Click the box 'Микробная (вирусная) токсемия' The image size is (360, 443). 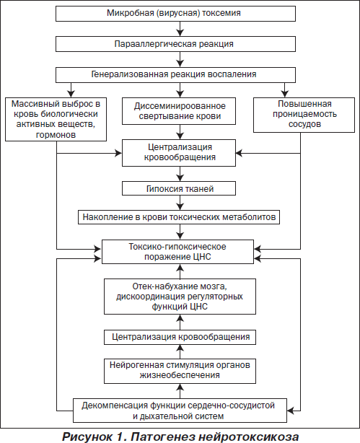pos(175,14)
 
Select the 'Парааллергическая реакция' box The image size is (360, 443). pos(175,44)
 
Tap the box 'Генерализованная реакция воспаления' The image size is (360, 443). pos(175,75)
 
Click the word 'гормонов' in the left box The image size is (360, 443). pos(56,135)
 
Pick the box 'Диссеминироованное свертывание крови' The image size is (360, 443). pos(179,111)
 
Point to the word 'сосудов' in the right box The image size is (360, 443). pos(304,124)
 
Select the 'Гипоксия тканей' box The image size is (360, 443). pos(179,188)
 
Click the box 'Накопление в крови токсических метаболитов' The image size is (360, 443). pos(179,217)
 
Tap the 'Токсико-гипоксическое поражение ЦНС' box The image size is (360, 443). pos(177,252)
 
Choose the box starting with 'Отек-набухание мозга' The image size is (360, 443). pos(180,297)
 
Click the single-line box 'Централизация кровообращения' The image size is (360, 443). pos(180,337)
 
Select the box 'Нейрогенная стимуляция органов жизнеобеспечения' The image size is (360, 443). pos(180,371)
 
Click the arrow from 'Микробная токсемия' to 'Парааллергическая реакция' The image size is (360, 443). pos(180,29)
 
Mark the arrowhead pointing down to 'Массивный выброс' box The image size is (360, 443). pos(71,94)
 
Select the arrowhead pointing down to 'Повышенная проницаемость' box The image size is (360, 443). pos(285,94)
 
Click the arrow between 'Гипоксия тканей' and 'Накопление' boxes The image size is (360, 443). pos(180,203)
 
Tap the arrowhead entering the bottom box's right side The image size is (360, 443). pos(291,411)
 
